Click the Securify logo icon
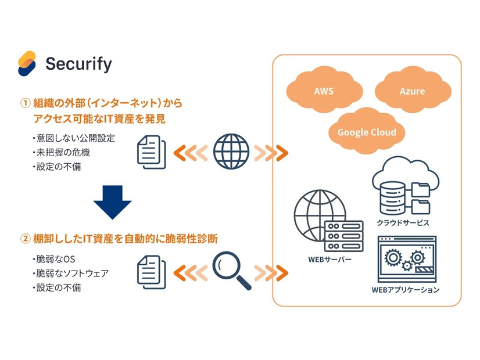pyautogui.click(x=27, y=63)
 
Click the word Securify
pyautogui.click(x=78, y=64)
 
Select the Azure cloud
pyautogui.click(x=411, y=91)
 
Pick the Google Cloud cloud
pyautogui.click(x=367, y=132)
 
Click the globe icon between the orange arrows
pyautogui.click(x=231, y=152)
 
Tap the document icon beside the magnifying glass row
pyautogui.click(x=151, y=271)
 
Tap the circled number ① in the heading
pyautogui.click(x=25, y=104)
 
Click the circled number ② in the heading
pyautogui.click(x=25, y=238)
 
